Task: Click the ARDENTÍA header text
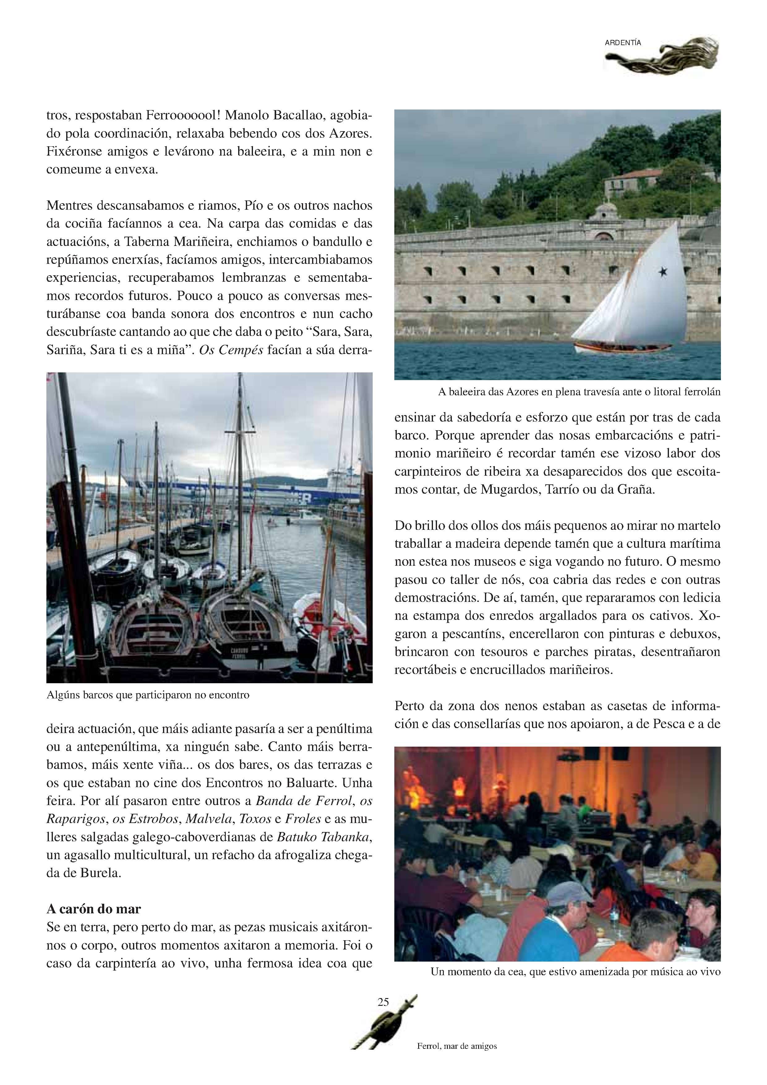pyautogui.click(x=623, y=43)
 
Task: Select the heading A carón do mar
pyautogui.click(x=94, y=909)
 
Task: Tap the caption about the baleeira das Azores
pyautogui.click(x=579, y=392)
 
